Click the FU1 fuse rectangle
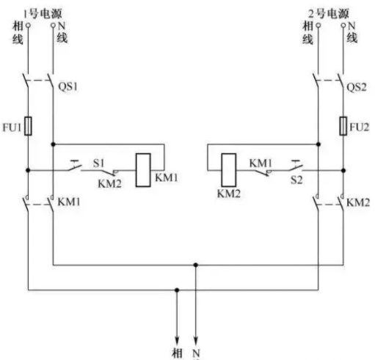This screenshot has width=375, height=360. pyautogui.click(x=28, y=126)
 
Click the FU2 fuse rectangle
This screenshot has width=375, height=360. pyautogui.click(x=343, y=126)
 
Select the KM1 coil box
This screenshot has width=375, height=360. pyautogui.click(x=143, y=170)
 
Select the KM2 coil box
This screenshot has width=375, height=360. pyautogui.click(x=229, y=170)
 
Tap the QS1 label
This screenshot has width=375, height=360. pyautogui.click(x=68, y=87)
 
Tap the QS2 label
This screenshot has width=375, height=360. pyautogui.click(x=357, y=87)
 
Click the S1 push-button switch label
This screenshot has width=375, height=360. pyautogui.click(x=98, y=164)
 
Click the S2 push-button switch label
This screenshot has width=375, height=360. pyautogui.click(x=296, y=180)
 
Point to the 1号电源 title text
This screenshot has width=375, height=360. pyautogui.click(x=43, y=13)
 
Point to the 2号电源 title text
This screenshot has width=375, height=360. pyautogui.click(x=328, y=13)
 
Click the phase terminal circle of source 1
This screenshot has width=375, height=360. pyautogui.click(x=28, y=25)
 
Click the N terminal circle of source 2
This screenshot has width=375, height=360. pyautogui.click(x=343, y=25)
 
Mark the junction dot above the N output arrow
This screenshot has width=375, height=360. pyautogui.click(x=195, y=265)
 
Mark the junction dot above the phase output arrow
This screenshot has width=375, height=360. pyautogui.click(x=177, y=290)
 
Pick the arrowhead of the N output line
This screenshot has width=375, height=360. pyautogui.click(x=195, y=341)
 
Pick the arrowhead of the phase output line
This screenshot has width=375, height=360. pyautogui.click(x=177, y=341)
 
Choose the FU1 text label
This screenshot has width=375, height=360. pyautogui.click(x=12, y=128)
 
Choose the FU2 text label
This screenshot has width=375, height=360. pyautogui.click(x=359, y=128)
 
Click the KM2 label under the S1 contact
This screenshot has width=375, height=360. pyautogui.click(x=109, y=183)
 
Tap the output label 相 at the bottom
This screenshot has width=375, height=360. pyautogui.click(x=177, y=353)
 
